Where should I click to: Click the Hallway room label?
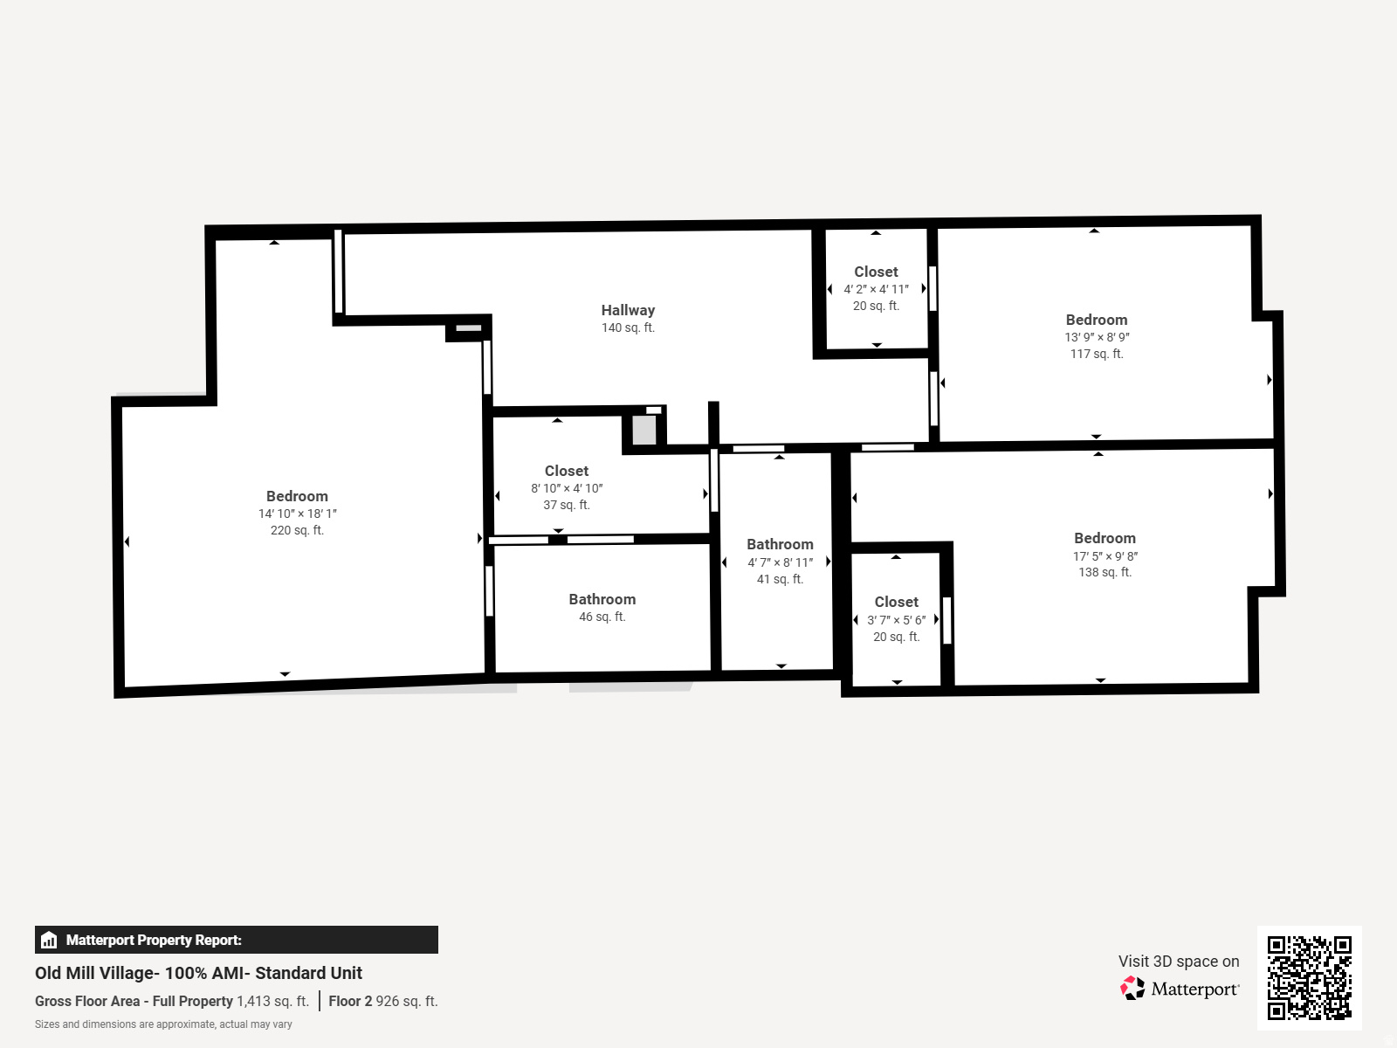(628, 310)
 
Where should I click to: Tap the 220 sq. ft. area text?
(297, 530)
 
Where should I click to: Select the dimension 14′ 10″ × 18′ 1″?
(297, 514)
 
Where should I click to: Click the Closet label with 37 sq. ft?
(567, 471)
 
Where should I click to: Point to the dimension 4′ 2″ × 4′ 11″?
(876, 289)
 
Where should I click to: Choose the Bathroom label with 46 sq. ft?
(602, 599)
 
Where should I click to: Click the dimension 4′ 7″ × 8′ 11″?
(780, 562)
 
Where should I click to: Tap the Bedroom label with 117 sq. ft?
(1096, 320)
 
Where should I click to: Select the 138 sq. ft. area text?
(1105, 572)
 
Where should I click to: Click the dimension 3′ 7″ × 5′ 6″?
(896, 620)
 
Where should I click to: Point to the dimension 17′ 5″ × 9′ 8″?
(1105, 556)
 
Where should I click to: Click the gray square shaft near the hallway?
(644, 431)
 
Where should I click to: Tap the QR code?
(1309, 977)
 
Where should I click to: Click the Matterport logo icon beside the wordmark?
(1132, 989)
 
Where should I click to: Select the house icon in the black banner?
(49, 940)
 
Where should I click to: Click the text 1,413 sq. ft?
(272, 1001)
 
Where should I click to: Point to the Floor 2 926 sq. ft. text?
(382, 1001)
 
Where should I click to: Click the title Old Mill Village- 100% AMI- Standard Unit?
(198, 973)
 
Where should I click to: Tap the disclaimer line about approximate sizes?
(163, 1024)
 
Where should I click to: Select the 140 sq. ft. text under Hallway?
(628, 327)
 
